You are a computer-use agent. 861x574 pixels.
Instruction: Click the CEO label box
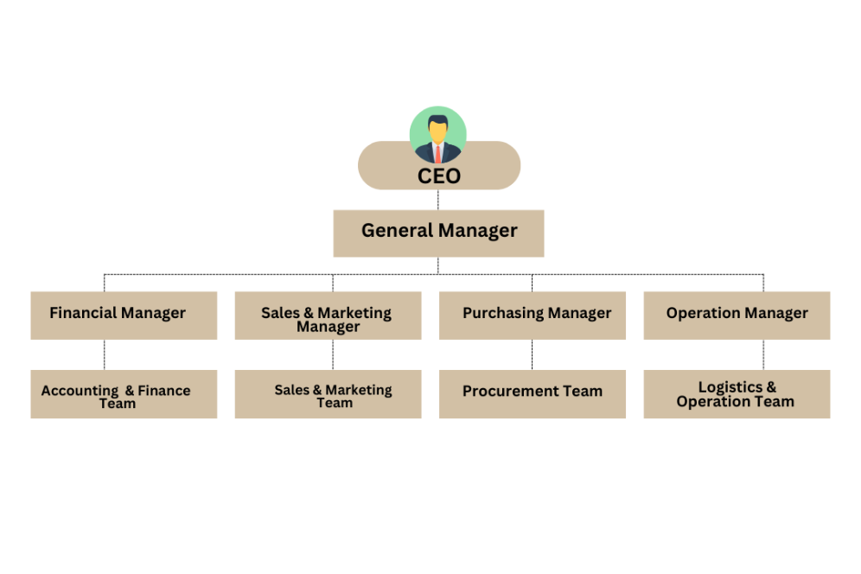pyautogui.click(x=439, y=175)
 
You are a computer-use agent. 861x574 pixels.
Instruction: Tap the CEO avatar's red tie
pyautogui.click(x=438, y=154)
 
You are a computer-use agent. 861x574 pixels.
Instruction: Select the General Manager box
pyautogui.click(x=438, y=233)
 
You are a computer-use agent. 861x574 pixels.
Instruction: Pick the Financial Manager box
pyautogui.click(x=124, y=315)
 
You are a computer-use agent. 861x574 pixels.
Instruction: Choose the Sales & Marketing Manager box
pyautogui.click(x=328, y=316)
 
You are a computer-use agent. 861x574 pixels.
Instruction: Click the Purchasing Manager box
pyautogui.click(x=532, y=315)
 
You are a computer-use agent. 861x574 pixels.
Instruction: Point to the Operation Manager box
pyautogui.click(x=737, y=315)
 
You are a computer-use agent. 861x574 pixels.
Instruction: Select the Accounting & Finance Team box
pyautogui.click(x=124, y=394)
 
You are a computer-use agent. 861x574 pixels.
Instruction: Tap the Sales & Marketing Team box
pyautogui.click(x=328, y=394)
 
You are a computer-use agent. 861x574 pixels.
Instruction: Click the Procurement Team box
pyautogui.click(x=532, y=394)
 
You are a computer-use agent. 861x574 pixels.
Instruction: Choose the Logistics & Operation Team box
pyautogui.click(x=737, y=394)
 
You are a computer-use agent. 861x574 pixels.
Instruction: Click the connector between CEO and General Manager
pyautogui.click(x=438, y=200)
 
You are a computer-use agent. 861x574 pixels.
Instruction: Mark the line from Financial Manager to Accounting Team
pyautogui.click(x=105, y=354)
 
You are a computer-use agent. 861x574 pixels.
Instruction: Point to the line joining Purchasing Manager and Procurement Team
pyautogui.click(x=532, y=354)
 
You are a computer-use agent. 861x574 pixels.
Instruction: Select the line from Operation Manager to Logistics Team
pyautogui.click(x=763, y=354)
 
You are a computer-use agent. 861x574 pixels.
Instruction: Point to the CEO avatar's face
pyautogui.click(x=438, y=132)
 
